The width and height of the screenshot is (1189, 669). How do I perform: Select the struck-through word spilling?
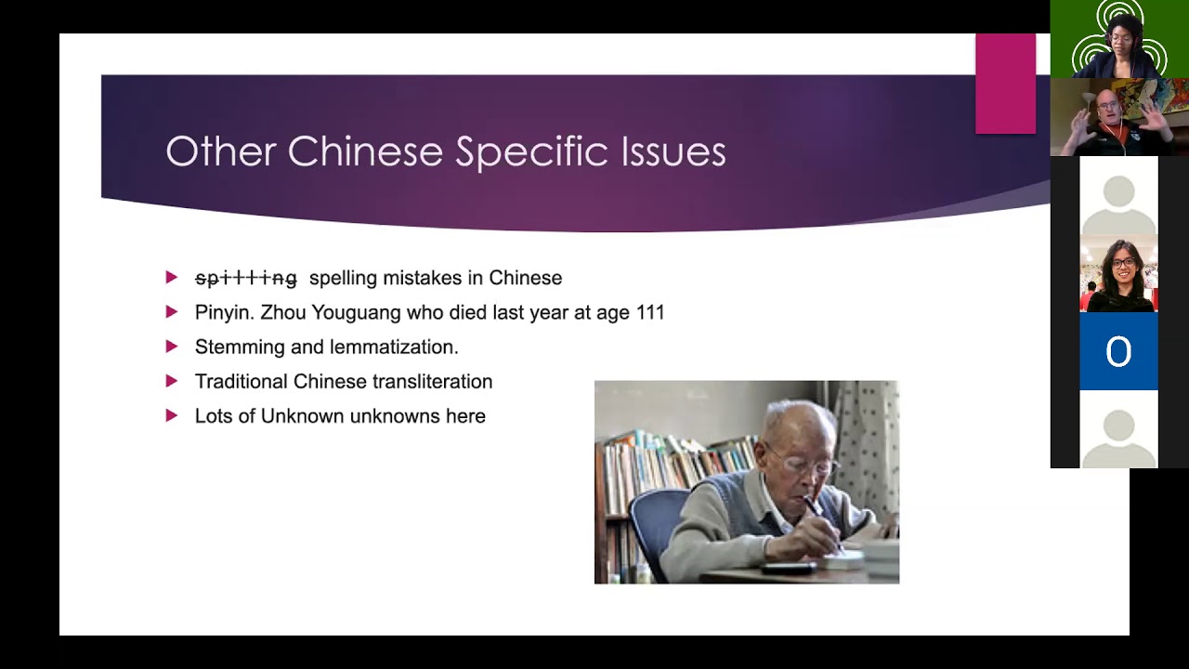click(246, 278)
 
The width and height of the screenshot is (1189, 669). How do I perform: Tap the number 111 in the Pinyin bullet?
click(650, 312)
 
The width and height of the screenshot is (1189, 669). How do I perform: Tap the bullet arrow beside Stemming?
click(171, 347)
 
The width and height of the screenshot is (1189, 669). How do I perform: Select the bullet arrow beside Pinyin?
click(171, 312)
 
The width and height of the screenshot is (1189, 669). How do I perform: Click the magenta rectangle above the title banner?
click(1005, 84)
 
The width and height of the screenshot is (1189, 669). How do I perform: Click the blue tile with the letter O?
click(1118, 351)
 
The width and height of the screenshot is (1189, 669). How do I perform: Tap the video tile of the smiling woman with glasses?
click(1118, 275)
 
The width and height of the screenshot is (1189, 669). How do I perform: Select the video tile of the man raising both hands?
click(1118, 117)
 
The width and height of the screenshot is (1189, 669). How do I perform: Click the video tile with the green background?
click(1118, 39)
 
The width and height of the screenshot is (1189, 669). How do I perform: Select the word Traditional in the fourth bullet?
click(242, 382)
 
